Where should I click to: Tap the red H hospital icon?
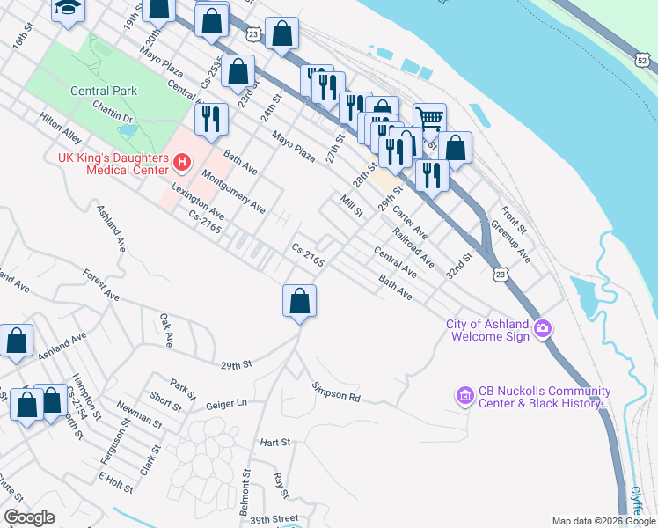(x=182, y=162)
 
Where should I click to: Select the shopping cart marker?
(x=428, y=118)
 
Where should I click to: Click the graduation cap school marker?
(x=66, y=8)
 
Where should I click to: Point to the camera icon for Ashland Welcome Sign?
(x=543, y=329)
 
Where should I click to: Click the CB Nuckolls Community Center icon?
(x=464, y=397)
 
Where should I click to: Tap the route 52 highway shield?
(x=643, y=60)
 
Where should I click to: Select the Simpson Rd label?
(x=336, y=392)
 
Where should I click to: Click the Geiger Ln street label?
(x=226, y=403)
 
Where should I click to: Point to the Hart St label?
(x=274, y=442)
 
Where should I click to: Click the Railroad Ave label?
(x=413, y=247)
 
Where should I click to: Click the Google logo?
(x=29, y=517)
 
